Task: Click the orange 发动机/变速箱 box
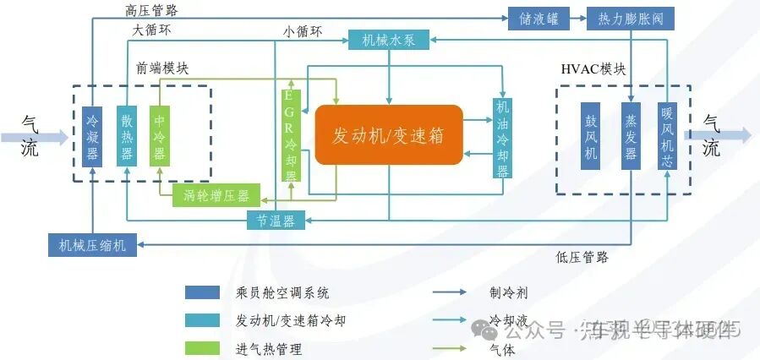coord(388,134)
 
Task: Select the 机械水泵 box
coord(389,39)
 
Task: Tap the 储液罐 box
coord(532,18)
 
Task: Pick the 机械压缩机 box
coord(92,245)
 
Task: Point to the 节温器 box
coord(276,221)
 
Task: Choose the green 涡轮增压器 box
coord(216,196)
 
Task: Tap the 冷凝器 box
coord(92,136)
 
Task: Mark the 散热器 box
coord(126,136)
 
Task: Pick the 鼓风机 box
coord(591,136)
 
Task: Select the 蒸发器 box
coord(630,136)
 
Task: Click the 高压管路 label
coord(151,9)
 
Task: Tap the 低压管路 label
coord(582,257)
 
